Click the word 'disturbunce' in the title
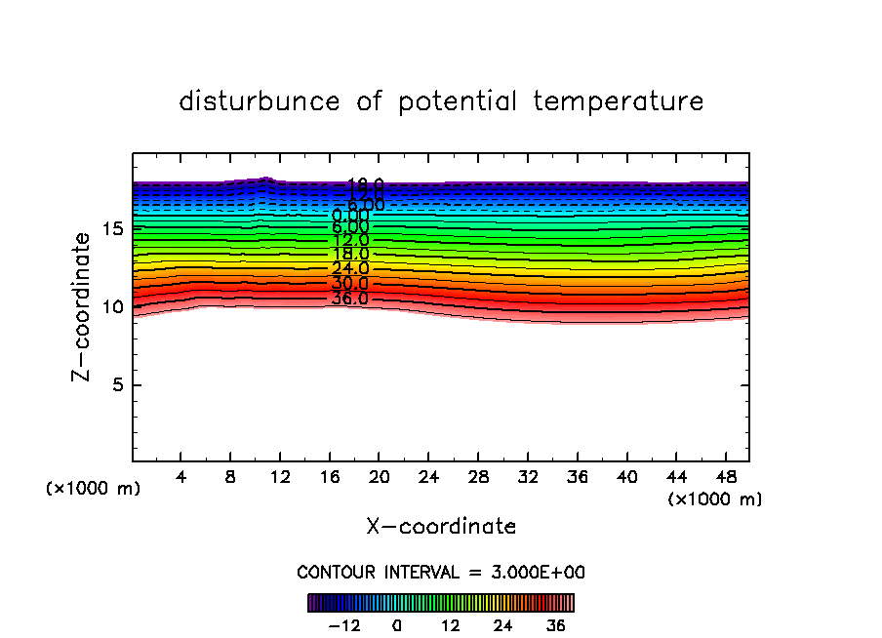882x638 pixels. click(261, 101)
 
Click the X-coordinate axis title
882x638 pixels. click(441, 527)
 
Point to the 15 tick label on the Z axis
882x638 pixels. click(110, 228)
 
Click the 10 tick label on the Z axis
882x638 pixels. click(110, 306)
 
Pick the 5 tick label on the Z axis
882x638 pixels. click(115, 384)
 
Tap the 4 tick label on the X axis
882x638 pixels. click(181, 477)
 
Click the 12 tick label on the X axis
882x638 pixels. click(280, 477)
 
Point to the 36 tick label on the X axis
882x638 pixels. click(577, 477)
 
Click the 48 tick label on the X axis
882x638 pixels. click(725, 477)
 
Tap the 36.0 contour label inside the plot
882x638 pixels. click(350, 299)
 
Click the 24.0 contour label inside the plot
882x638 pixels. click(350, 268)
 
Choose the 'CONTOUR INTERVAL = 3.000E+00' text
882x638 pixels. click(441, 573)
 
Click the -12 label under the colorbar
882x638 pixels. click(346, 625)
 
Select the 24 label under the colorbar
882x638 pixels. click(503, 625)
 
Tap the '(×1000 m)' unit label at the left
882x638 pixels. click(94, 489)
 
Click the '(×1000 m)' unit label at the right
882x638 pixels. click(715, 499)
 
